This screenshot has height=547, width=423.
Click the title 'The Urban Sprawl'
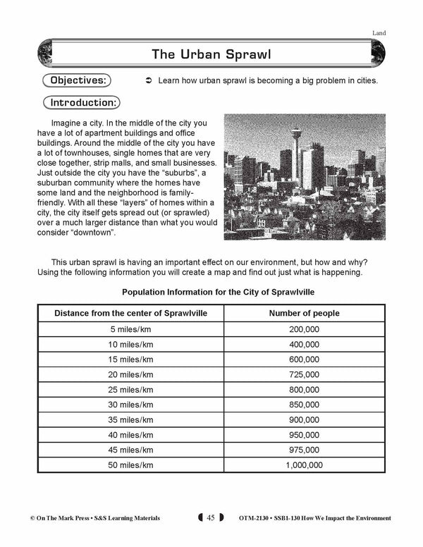click(211, 54)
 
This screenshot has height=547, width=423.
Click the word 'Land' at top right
click(379, 33)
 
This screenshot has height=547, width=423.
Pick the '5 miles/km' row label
click(131, 329)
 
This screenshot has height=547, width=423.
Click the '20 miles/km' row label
click(131, 374)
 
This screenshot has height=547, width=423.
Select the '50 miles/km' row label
click(131, 465)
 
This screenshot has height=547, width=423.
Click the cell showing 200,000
click(304, 329)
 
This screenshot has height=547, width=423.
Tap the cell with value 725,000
click(304, 374)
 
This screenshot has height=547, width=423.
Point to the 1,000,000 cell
click(304, 465)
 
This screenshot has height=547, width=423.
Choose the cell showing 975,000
click(304, 450)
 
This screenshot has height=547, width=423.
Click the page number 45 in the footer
click(210, 518)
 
